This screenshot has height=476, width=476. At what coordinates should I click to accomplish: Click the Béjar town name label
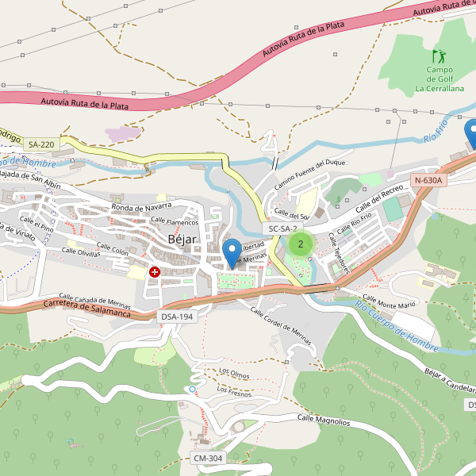[182, 240]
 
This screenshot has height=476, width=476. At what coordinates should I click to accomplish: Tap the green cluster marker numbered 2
[300, 244]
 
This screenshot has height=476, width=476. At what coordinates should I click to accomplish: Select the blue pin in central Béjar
[232, 253]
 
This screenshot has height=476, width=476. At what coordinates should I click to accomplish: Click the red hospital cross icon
[154, 272]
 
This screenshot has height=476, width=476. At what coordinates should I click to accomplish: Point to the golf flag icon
[439, 56]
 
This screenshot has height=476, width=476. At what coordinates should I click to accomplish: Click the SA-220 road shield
[41, 144]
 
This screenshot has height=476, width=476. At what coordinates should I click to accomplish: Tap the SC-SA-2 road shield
[282, 228]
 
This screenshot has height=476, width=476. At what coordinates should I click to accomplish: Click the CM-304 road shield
[209, 459]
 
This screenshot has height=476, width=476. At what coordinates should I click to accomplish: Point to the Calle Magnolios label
[324, 420]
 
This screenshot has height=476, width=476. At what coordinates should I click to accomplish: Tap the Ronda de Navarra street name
[142, 207]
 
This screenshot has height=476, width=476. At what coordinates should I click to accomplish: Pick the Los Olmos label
[235, 372]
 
